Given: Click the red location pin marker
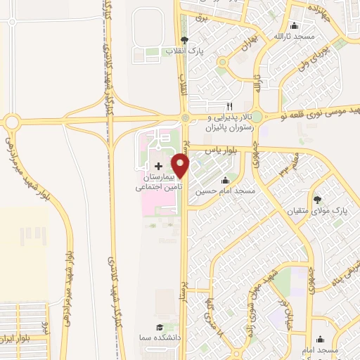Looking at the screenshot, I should pyautogui.click(x=181, y=166).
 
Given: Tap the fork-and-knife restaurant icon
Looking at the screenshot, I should pyautogui.click(x=229, y=105).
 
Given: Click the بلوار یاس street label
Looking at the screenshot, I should pyautogui.click(x=218, y=150).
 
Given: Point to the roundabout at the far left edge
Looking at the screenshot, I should pyautogui.click(x=12, y=122).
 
